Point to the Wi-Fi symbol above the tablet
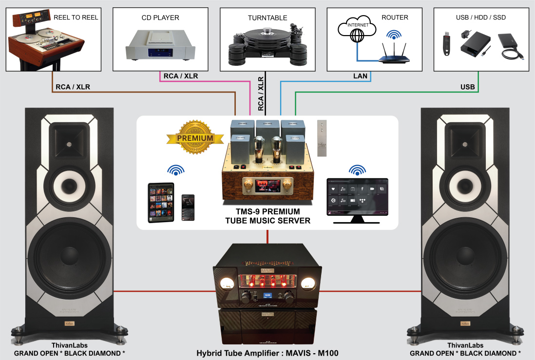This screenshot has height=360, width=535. tap(175, 170)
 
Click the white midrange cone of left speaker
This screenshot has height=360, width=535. tap(67, 187)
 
